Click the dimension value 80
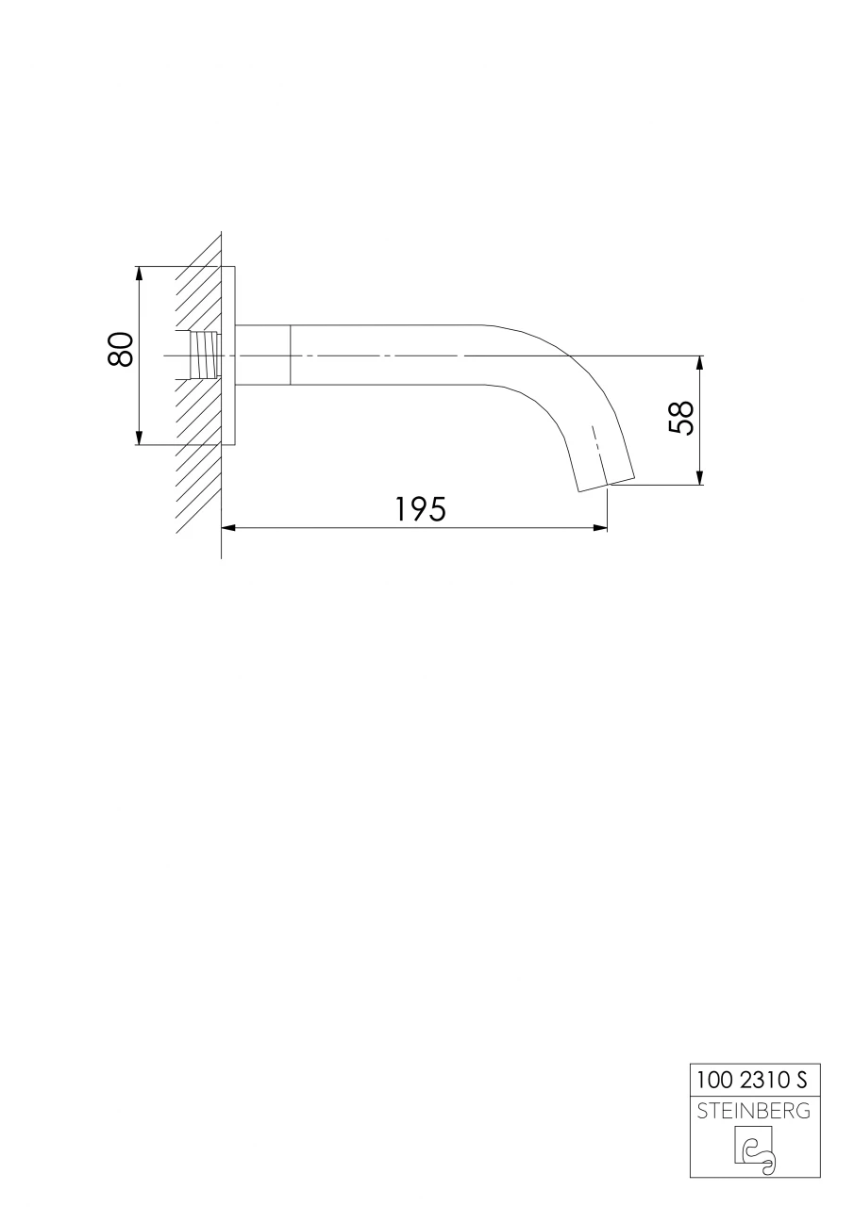120,351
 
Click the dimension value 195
420,509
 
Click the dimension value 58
681,418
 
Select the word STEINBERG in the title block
752,1111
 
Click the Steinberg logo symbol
754,1150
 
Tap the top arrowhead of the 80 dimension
139,273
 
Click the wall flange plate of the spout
227,355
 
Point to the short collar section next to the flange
261,355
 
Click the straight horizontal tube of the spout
387,355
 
